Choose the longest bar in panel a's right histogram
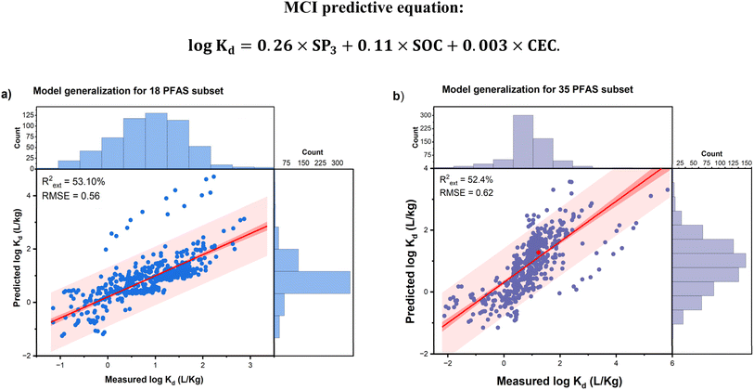313,282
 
